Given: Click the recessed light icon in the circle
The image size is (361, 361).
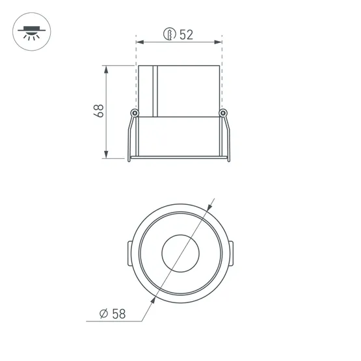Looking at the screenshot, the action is (31, 33).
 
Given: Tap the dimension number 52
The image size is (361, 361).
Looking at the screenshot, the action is (186, 34).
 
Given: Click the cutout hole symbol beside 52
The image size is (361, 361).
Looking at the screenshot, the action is (170, 34).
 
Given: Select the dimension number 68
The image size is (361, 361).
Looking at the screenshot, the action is (98, 111).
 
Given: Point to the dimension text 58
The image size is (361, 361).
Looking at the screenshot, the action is (119, 314).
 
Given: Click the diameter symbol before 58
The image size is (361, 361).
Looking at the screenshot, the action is (103, 314).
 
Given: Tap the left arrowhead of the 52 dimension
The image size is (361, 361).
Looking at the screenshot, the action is (140, 42).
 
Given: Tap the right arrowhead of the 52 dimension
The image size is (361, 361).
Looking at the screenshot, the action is (218, 42).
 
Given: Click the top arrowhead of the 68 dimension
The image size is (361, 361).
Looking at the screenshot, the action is (106, 70).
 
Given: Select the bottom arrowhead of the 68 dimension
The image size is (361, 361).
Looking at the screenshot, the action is (106, 155).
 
